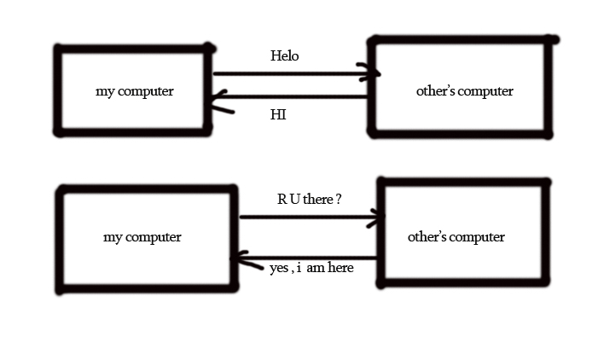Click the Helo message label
(x=285, y=56)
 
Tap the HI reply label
(x=278, y=114)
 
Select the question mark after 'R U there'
(x=339, y=200)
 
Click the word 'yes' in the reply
(x=279, y=268)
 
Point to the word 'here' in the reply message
(x=340, y=268)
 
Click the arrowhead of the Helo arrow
(x=373, y=74)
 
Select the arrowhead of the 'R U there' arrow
(x=379, y=218)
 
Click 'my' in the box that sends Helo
(x=104, y=91)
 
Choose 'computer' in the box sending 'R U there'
(x=154, y=237)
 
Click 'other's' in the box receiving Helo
(x=435, y=91)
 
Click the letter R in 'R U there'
(x=282, y=200)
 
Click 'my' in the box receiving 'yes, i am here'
(x=113, y=237)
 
